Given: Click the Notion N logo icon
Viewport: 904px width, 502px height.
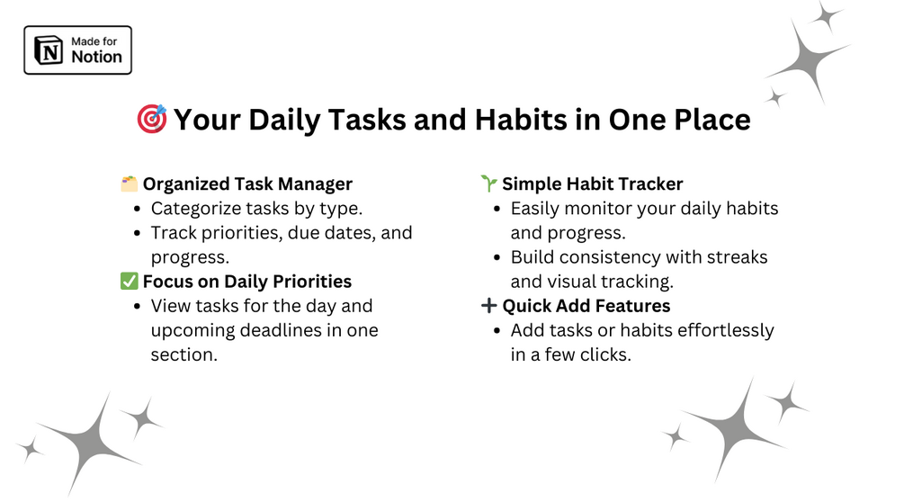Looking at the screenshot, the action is point(49,50).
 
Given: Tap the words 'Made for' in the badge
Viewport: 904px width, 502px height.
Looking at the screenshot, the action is point(94,41).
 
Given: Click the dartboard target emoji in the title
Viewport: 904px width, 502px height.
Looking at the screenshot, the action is point(152,119).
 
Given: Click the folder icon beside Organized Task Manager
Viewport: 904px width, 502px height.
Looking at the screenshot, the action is point(130,184).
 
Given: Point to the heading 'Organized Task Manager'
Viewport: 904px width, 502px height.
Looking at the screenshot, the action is point(247,184).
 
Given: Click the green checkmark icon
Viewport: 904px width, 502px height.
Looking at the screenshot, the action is point(130,282).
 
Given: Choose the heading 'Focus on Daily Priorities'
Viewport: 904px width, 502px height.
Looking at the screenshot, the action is point(247,282).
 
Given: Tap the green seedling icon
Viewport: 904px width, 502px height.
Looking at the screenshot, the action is point(489,184).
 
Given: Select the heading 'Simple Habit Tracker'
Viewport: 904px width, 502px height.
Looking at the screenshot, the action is point(593,184).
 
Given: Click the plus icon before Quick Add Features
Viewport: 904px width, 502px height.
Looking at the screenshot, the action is point(489,306).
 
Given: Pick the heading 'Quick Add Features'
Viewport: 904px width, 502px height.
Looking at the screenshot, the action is point(586,306).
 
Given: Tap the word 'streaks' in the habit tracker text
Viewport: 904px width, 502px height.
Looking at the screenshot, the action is point(737,257).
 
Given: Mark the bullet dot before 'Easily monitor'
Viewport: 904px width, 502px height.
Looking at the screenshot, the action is point(497,209).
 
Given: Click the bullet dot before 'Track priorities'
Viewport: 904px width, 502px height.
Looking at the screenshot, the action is point(138,233).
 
